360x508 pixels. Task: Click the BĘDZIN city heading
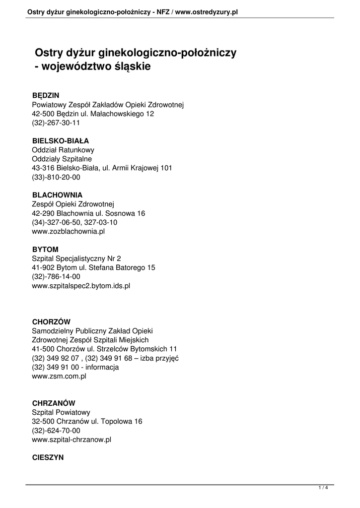tap(46, 95)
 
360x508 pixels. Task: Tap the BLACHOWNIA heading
tap(57, 195)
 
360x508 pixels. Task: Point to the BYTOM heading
tap(45, 249)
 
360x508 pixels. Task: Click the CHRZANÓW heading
tap(54, 403)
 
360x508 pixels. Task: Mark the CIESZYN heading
tap(48, 458)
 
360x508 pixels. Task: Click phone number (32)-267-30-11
tap(56, 123)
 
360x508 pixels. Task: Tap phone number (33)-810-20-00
tap(56, 177)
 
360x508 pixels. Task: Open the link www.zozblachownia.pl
tap(68, 231)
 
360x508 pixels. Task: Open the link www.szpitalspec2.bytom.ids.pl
tap(81, 286)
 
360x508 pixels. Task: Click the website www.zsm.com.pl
tap(59, 377)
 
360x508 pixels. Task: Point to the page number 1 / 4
tap(323, 488)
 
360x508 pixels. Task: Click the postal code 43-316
tap(45, 168)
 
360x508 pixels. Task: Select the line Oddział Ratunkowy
tap(63, 150)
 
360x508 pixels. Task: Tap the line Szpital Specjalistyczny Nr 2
tap(76, 258)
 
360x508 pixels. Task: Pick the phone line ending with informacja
tap(75, 367)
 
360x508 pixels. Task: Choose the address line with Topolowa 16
tap(87, 421)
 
